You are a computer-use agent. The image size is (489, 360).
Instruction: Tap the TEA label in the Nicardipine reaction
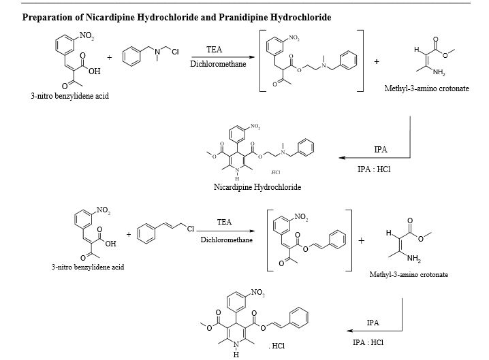[215, 50]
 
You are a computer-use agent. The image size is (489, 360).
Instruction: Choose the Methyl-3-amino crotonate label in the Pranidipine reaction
[409, 275]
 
